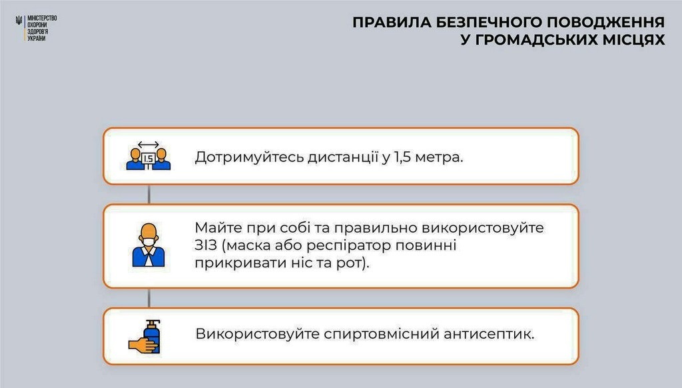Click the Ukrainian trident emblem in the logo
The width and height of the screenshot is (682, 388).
[19, 21]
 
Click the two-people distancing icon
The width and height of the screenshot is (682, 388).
[149, 155]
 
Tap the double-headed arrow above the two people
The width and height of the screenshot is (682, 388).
[149, 145]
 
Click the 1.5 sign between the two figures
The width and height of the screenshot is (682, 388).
[149, 159]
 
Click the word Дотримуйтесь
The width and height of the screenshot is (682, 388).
[250, 157]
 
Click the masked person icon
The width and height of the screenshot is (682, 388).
[149, 245]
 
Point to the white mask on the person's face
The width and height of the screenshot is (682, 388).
[149, 242]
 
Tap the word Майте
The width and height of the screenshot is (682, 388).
[218, 228]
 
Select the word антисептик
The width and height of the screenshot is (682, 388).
[489, 334]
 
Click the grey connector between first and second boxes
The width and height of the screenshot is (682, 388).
[149, 194]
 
